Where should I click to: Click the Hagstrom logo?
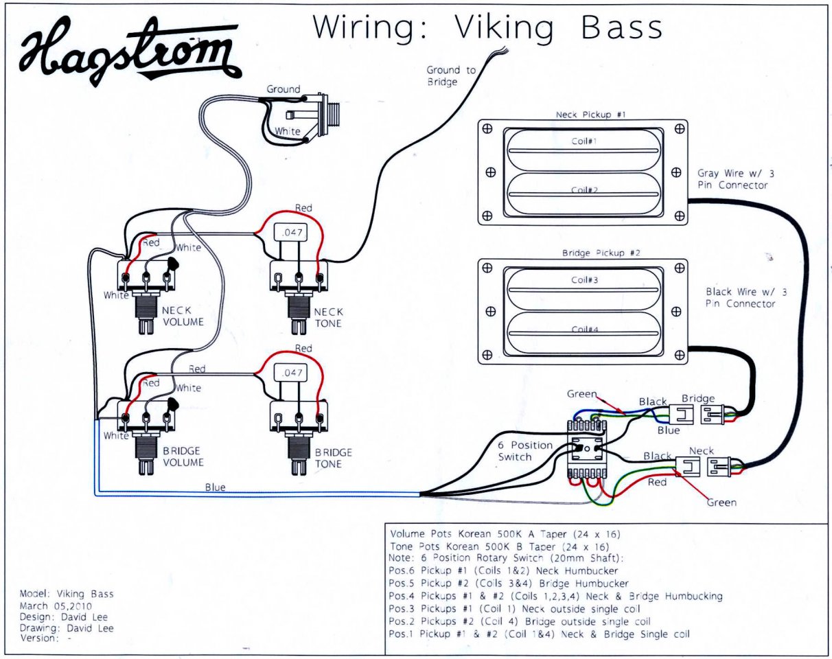click(130, 52)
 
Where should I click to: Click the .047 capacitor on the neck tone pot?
click(291, 232)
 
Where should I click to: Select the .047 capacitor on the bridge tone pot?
click(291, 373)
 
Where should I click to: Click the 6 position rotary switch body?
click(587, 449)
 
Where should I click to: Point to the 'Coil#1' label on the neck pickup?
click(584, 141)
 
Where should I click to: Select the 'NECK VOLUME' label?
click(183, 316)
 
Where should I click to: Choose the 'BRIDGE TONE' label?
click(333, 458)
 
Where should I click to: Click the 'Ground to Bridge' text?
click(451, 76)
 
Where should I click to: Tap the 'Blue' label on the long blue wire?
click(215, 487)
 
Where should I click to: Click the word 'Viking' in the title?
click(503, 28)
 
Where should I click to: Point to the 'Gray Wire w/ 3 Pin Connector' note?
click(736, 179)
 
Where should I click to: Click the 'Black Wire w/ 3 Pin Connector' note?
click(746, 297)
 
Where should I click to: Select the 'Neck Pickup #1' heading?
click(590, 115)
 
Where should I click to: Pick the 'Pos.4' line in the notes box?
click(555, 597)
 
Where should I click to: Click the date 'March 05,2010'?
click(56, 605)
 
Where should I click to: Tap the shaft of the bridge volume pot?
click(146, 454)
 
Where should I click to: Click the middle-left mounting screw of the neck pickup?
click(490, 172)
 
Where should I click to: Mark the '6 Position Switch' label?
click(525, 451)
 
